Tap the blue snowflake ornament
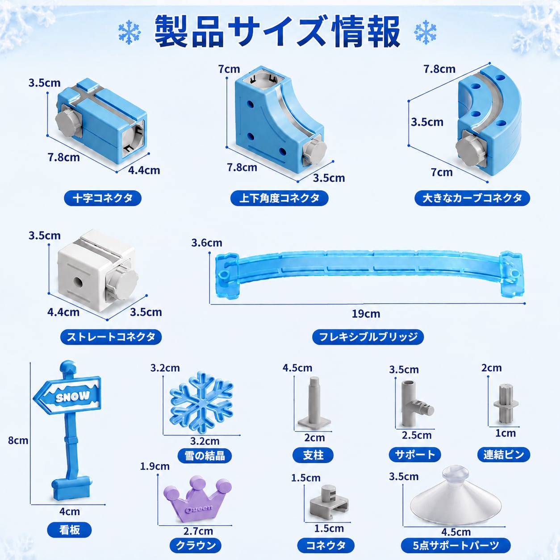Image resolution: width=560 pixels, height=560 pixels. [201, 402]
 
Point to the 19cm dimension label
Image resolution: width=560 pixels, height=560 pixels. [366, 313]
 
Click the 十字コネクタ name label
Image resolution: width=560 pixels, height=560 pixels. [103, 198]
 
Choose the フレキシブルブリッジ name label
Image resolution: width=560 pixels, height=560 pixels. [368, 337]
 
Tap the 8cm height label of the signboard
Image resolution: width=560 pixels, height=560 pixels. [18, 440]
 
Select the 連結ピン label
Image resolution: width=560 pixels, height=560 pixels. [504, 455]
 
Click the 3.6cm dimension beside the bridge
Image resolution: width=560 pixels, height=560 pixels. [207, 242]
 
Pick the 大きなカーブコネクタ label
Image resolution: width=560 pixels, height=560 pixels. [472, 198]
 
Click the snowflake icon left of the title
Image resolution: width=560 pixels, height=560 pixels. [130, 32]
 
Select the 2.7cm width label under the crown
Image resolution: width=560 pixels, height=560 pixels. [198, 531]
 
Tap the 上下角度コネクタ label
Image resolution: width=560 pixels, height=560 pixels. [279, 198]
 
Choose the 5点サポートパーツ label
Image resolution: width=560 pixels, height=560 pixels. [456, 545]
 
